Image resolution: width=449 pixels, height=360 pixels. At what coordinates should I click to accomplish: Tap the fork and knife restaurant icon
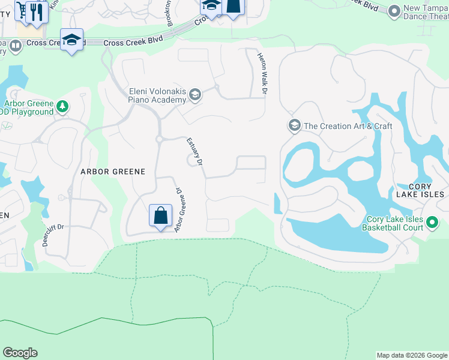coord(37,11)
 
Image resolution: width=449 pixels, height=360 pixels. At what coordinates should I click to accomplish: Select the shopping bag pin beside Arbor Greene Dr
coord(161,215)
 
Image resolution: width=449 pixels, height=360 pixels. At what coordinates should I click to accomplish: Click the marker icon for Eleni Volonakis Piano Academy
coord(194,94)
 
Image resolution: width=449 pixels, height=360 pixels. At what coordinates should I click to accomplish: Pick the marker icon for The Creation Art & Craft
coord(294,125)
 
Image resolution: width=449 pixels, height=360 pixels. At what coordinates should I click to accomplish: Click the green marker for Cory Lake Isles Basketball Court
coord(432,224)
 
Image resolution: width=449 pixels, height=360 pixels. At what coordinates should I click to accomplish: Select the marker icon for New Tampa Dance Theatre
coord(394,11)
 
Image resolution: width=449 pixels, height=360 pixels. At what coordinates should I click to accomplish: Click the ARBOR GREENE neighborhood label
coord(113,172)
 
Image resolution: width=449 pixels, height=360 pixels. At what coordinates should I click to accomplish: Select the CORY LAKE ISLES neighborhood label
coord(420,190)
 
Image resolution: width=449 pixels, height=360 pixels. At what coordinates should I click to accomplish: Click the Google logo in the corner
coord(20,353)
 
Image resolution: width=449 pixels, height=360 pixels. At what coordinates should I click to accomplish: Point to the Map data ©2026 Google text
coord(412,355)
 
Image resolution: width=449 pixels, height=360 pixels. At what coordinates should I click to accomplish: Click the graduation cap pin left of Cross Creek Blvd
coord(71,40)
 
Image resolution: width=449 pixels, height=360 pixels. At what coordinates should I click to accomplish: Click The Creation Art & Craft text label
coord(348,126)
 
